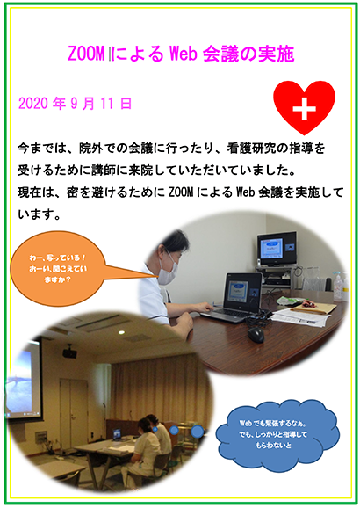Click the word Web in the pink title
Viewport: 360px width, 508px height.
click(x=184, y=54)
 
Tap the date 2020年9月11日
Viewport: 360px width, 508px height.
click(x=76, y=104)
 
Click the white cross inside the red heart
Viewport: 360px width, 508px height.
click(x=304, y=109)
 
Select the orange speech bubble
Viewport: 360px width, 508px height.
click(x=58, y=269)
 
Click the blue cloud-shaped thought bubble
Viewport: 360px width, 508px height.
click(x=277, y=435)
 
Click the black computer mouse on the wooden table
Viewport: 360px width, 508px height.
click(x=256, y=334)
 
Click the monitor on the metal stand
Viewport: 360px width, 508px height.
click(x=277, y=249)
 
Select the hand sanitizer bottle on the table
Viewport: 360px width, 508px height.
click(x=338, y=287)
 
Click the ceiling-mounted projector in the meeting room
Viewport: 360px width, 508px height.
click(x=69, y=352)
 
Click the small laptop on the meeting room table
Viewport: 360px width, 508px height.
click(x=117, y=434)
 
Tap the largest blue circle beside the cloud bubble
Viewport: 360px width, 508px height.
click(x=198, y=432)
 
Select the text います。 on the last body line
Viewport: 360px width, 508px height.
click(x=40, y=214)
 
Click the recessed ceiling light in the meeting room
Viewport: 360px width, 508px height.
click(x=121, y=332)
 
